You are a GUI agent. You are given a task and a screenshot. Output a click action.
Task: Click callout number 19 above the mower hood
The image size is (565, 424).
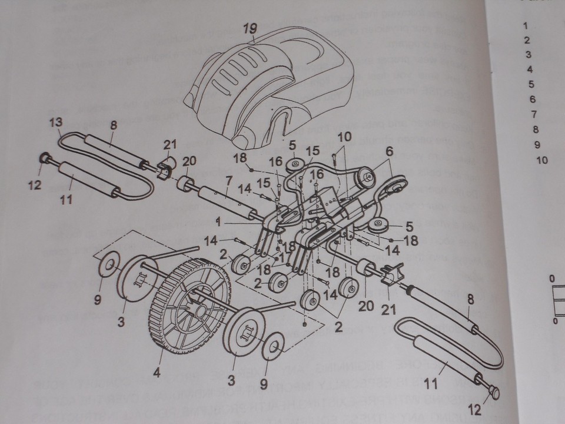[252, 28]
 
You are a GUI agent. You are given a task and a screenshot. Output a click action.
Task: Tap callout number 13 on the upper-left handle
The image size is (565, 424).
[55, 123]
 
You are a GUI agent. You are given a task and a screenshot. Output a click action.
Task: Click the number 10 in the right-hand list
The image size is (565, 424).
[542, 160]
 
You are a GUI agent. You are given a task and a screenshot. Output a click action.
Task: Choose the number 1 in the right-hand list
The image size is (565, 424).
[525, 26]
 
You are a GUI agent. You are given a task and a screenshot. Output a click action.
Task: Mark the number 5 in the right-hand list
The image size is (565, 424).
[531, 84]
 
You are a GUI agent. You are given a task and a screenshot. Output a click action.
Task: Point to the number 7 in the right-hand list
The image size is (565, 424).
[533, 114]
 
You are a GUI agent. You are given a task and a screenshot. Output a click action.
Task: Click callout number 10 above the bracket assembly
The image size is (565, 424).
[344, 137]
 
